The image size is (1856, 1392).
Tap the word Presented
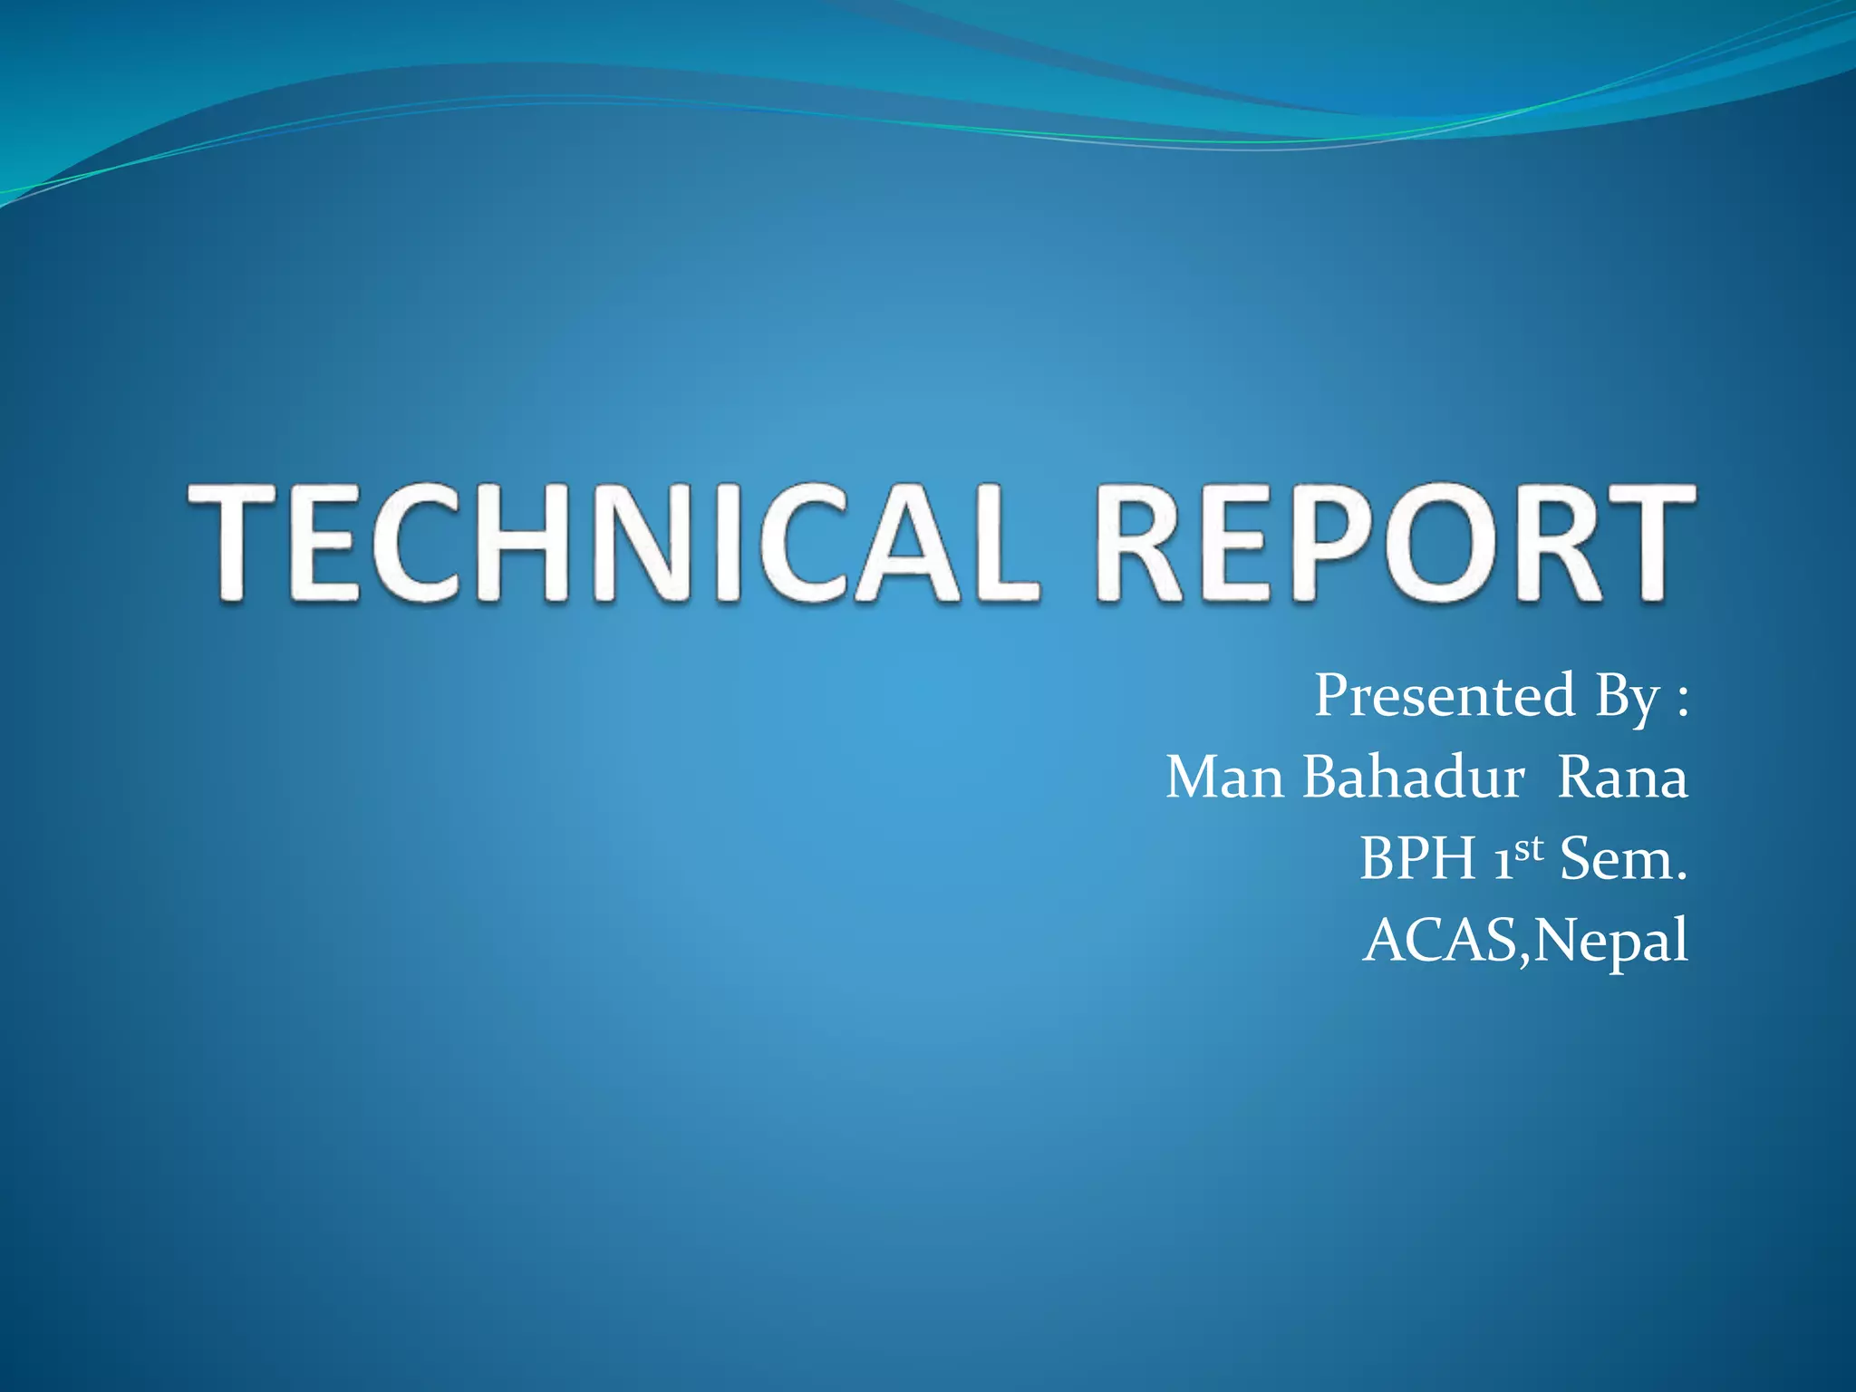click(x=1445, y=696)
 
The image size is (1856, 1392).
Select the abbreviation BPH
click(x=1417, y=858)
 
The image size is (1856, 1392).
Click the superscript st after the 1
click(x=1528, y=848)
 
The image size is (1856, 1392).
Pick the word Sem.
click(x=1622, y=858)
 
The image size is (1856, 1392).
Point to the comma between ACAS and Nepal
click(x=1524, y=956)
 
